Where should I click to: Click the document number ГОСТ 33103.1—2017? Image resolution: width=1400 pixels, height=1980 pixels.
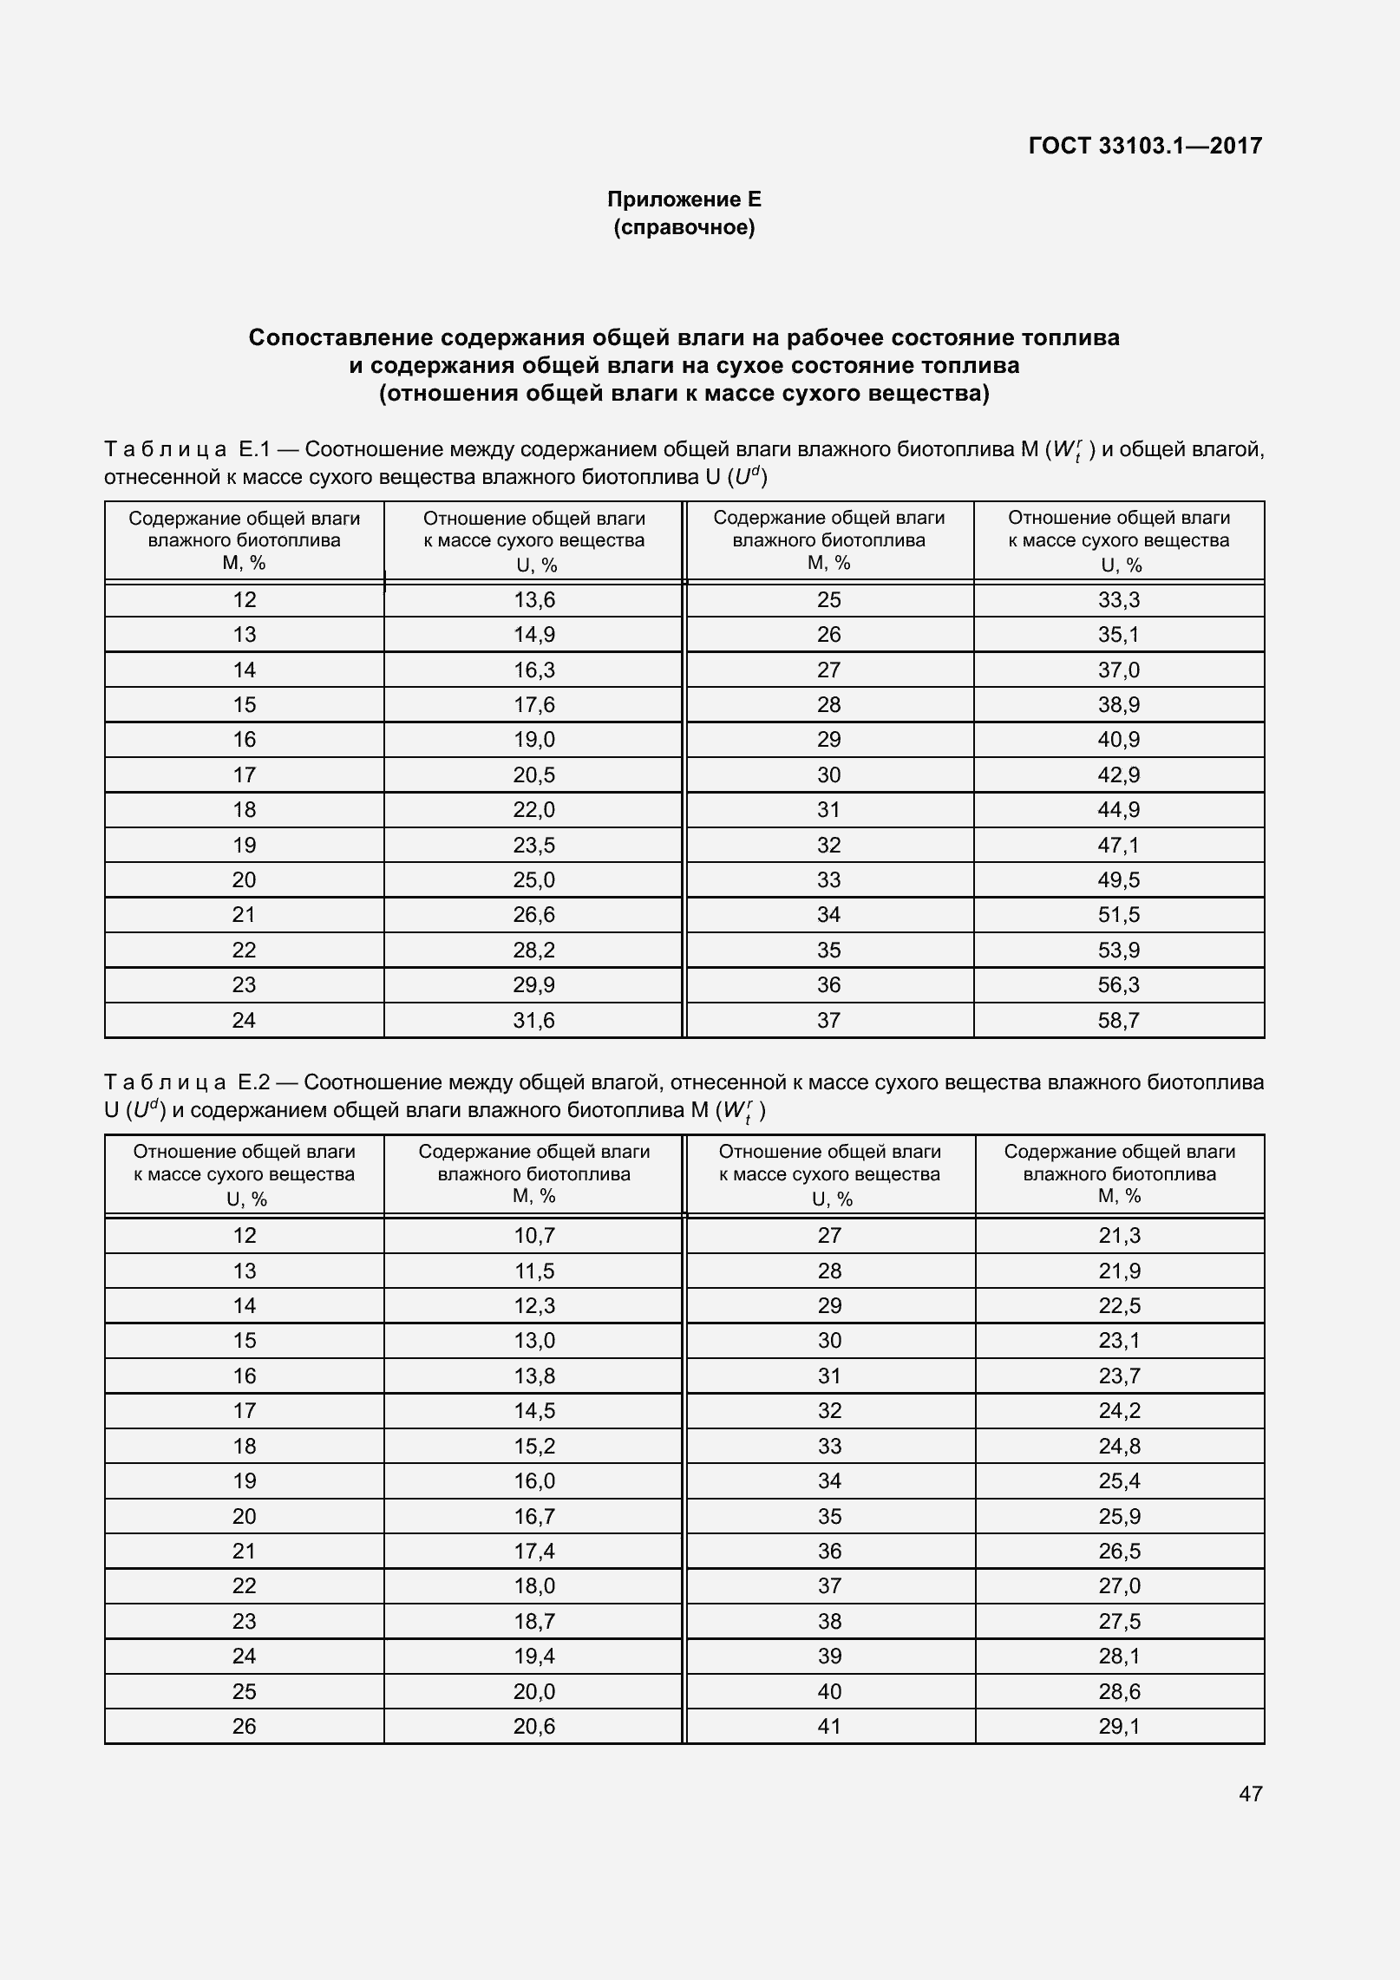tap(1145, 146)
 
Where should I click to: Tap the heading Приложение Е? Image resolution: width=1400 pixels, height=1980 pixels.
tap(684, 199)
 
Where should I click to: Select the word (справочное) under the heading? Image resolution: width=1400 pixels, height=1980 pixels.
tap(684, 228)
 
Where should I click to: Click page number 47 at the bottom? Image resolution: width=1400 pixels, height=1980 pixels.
tap(1250, 1794)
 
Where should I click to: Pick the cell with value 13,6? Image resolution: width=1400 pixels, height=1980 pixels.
tap(533, 600)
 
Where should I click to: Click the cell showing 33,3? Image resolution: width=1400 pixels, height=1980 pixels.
tap(1118, 600)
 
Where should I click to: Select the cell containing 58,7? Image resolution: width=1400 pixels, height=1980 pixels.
tap(1118, 1020)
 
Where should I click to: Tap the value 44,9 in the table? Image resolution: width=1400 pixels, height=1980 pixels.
tap(1118, 810)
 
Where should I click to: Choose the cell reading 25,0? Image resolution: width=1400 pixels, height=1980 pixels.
tap(533, 880)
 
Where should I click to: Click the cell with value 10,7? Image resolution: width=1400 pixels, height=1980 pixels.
tap(533, 1235)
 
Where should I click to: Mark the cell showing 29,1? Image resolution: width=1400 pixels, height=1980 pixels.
tap(1119, 1726)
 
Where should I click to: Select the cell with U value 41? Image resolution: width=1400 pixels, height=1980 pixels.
tap(829, 1726)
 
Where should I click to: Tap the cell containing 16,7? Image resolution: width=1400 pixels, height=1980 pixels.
tap(533, 1516)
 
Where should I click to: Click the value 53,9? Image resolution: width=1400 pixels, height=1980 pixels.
tap(1118, 951)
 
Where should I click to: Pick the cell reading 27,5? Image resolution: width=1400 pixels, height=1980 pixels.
tap(1119, 1621)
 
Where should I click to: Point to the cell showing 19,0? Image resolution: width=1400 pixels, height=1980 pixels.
tap(533, 740)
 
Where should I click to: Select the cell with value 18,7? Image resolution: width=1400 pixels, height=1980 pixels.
tap(533, 1621)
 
